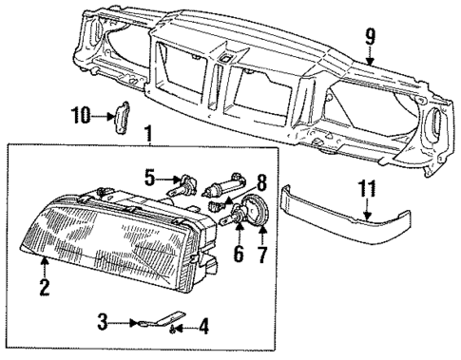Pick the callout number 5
pos(150,176)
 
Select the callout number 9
pos(371,37)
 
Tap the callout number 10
pos(80,115)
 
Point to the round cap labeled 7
pos(257,211)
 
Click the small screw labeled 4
pos(173,329)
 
